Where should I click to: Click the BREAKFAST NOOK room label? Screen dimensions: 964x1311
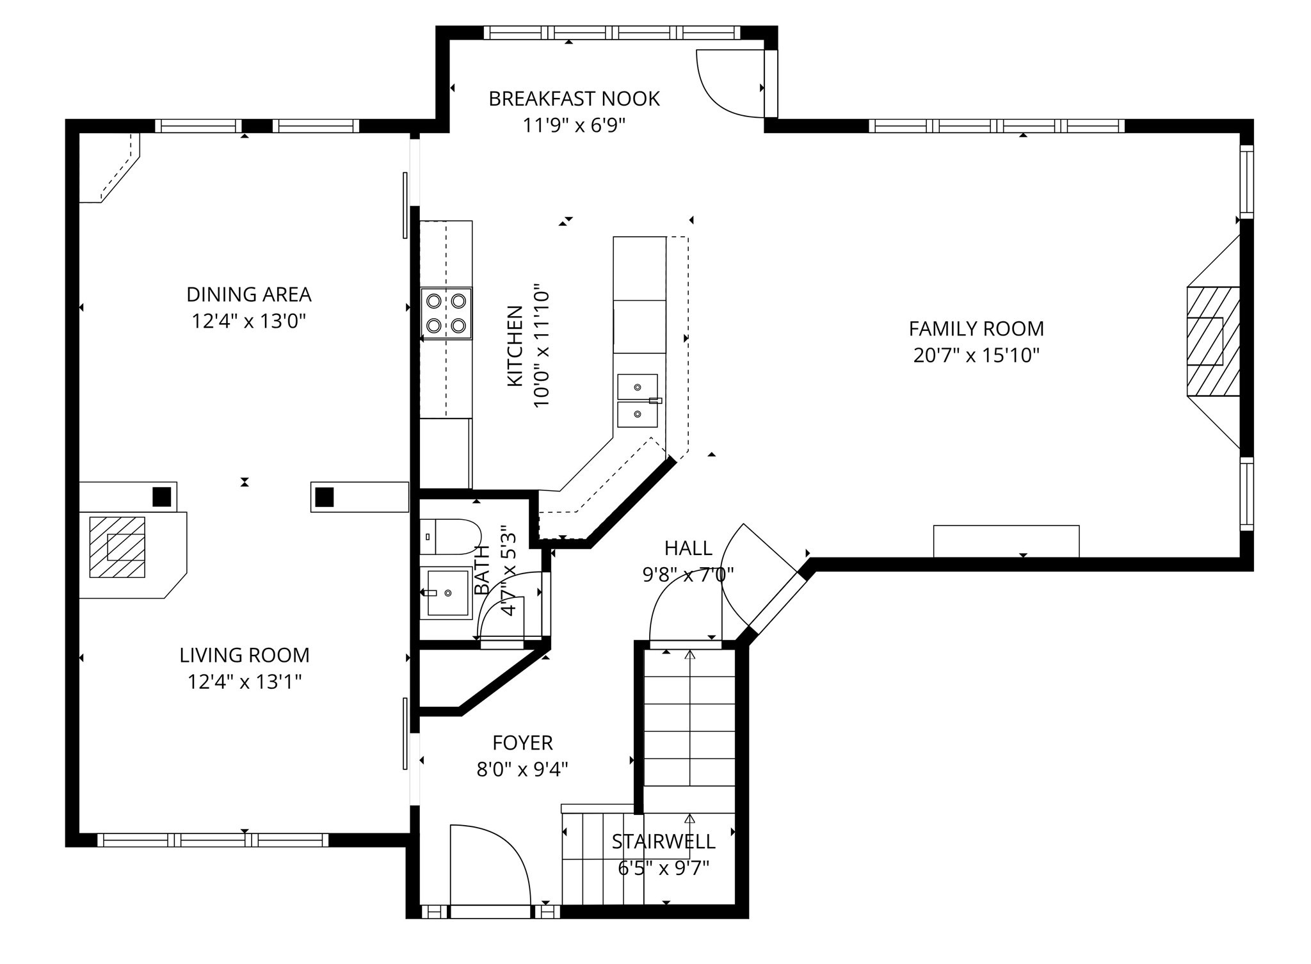574,99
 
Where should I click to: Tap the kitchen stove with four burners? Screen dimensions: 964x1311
446,313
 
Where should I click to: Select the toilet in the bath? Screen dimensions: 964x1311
451,536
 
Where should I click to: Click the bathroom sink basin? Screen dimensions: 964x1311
447,593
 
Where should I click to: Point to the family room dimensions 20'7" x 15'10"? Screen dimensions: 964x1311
976,355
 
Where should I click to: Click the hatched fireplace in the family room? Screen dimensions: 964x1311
1212,341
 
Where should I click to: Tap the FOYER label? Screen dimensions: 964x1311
522,743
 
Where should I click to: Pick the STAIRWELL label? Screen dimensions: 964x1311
663,841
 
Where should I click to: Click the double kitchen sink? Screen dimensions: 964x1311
637,401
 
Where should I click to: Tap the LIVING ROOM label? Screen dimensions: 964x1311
245,655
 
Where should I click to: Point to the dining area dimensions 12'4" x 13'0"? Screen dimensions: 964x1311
248,321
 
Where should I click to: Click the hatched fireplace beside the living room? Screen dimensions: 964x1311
117,547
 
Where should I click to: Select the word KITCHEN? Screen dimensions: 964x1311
515,346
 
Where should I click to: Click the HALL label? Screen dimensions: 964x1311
688,548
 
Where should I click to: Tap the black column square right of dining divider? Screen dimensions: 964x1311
325,497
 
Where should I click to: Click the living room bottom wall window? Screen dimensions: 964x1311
213,840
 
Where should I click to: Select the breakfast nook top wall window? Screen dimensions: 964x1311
611,33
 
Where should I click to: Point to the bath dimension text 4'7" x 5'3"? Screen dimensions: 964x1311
508,570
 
